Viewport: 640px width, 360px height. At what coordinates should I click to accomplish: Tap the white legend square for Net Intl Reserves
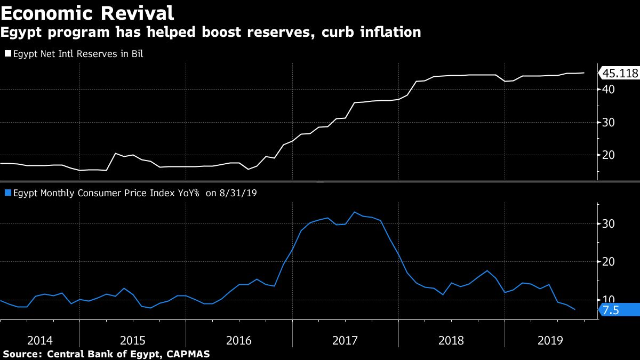[x=8, y=54]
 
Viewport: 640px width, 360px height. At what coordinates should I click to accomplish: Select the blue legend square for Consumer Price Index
[x=8, y=193]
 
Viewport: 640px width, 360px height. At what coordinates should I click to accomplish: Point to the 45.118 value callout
[x=620, y=74]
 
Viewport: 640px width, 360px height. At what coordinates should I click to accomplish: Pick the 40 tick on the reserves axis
[x=609, y=90]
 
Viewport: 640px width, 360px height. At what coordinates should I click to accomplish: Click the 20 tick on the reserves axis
[x=609, y=155]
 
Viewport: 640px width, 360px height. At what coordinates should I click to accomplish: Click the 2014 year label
[x=40, y=340]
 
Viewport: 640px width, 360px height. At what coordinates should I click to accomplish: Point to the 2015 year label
[x=133, y=340]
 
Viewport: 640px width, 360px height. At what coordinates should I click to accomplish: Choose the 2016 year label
[x=239, y=340]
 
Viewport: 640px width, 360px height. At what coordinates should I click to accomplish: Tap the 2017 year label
[x=346, y=340]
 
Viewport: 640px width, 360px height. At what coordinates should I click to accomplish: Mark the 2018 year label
[x=452, y=340]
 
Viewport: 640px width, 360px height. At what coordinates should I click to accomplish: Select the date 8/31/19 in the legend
[x=239, y=193]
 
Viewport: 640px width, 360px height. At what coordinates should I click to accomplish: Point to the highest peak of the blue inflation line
[x=355, y=212]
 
